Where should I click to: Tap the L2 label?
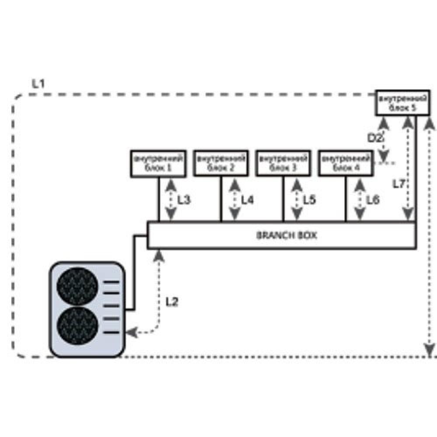[x=172, y=302]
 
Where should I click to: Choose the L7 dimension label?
[x=398, y=184]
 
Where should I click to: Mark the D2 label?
[x=375, y=139]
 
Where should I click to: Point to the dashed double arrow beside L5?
[x=298, y=199]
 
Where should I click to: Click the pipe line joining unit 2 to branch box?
[x=221, y=199]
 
